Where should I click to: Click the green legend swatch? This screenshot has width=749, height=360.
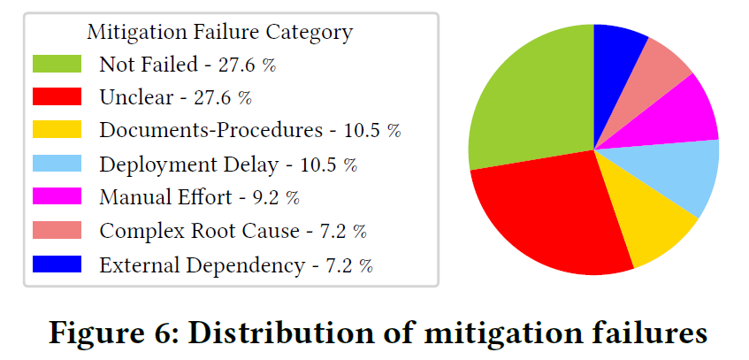click(57, 64)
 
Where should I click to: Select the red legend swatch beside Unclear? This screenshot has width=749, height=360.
click(57, 96)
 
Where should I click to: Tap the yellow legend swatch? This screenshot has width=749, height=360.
click(57, 129)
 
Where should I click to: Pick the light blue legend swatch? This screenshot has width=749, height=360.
click(57, 163)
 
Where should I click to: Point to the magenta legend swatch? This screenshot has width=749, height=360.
click(57, 196)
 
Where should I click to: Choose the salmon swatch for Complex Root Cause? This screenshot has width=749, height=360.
click(57, 229)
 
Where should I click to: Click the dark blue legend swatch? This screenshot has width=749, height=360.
click(57, 264)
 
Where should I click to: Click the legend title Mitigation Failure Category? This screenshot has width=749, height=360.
click(219, 33)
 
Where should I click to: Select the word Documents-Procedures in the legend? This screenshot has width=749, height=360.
click(210, 131)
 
